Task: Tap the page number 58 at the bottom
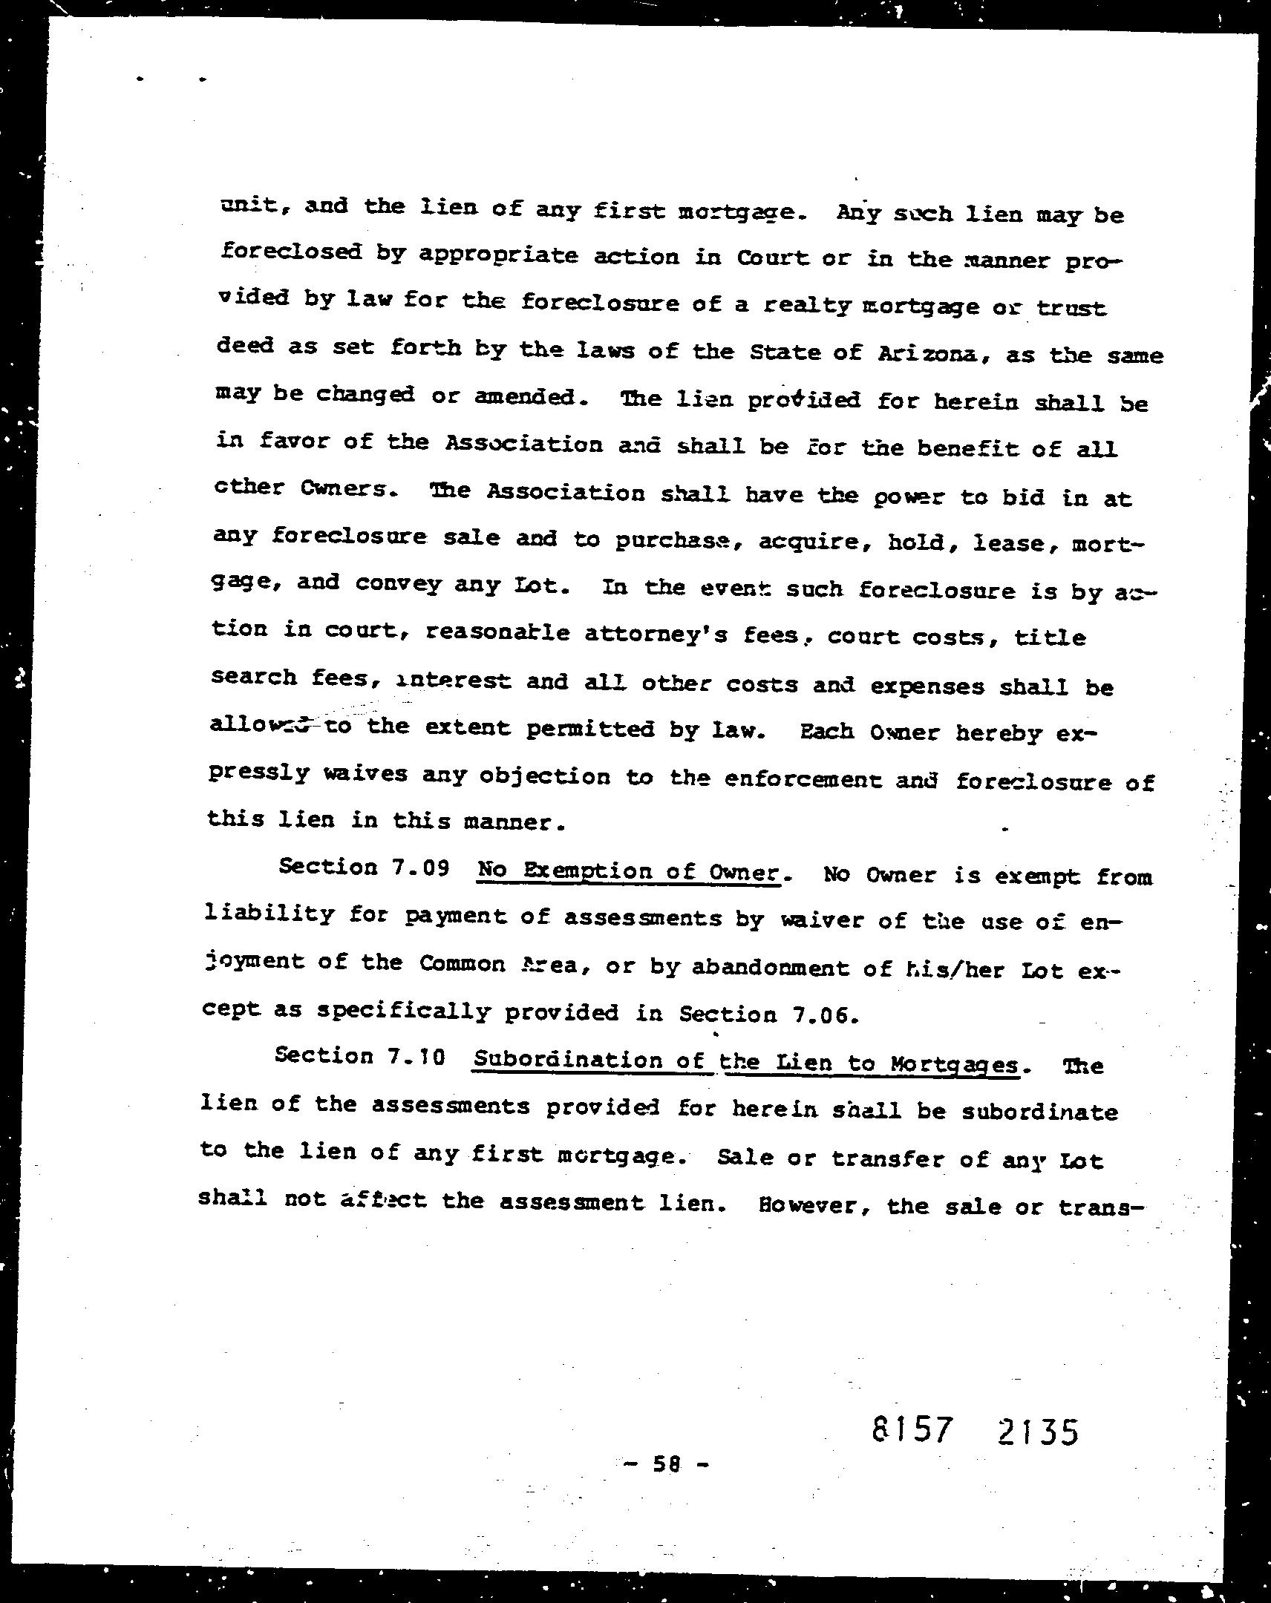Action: [667, 1463]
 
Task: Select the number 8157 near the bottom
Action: [912, 1429]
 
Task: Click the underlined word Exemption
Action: [584, 871]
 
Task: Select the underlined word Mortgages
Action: [953, 1065]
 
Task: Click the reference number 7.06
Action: [822, 1016]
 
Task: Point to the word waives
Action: [365, 774]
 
